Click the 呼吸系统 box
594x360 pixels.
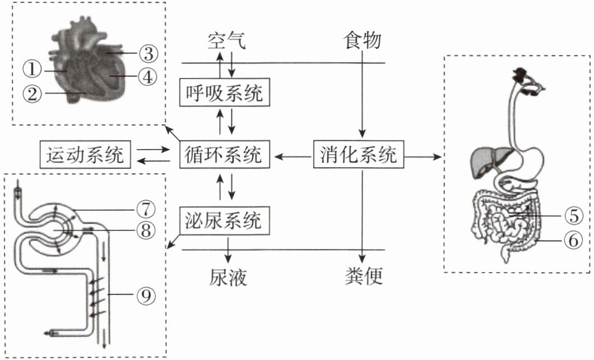click(x=224, y=93)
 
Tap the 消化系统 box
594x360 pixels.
click(x=359, y=154)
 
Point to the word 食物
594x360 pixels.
click(x=363, y=41)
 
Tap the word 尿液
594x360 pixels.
click(x=228, y=277)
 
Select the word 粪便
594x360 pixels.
click(x=363, y=277)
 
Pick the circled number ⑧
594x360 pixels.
click(x=145, y=230)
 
